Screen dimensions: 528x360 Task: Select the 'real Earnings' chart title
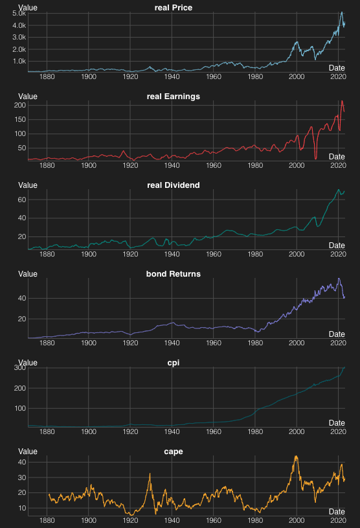174,96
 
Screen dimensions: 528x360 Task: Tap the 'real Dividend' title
174,185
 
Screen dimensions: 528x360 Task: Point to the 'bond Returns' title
174,273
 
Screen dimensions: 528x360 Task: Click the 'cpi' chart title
174,362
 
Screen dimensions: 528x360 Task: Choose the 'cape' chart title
174,451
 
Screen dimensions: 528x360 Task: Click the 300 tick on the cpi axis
19,368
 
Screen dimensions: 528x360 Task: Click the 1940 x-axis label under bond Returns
172,343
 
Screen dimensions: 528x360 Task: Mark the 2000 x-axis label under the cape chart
297,520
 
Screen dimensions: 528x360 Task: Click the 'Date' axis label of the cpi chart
337,422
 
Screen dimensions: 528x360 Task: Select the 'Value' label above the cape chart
28,451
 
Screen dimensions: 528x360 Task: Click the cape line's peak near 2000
296,457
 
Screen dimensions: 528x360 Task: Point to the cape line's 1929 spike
150,474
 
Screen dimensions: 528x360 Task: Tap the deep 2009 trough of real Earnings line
315,158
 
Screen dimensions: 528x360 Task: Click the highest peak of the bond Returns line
338,279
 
